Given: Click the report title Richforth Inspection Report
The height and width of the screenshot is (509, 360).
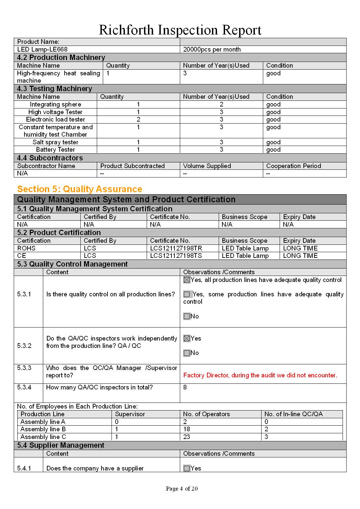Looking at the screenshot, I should click(x=180, y=30).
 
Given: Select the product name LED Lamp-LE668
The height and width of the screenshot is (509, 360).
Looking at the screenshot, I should click(x=42, y=50).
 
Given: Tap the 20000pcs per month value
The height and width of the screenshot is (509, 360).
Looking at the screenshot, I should click(x=212, y=50).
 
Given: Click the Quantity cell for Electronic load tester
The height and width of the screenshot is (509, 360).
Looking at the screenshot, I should click(x=138, y=120).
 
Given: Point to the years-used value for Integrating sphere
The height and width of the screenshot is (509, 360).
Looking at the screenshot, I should click(x=221, y=104).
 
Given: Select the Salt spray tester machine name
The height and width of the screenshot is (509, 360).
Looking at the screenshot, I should click(x=55, y=142).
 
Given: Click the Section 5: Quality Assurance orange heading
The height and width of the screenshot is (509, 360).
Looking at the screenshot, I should click(x=80, y=189).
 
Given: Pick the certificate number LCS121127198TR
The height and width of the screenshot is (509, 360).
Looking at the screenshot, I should click(x=176, y=248).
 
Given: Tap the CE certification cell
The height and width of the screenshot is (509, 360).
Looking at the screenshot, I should click(x=22, y=256).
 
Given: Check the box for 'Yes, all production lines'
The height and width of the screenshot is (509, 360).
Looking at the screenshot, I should click(x=187, y=280).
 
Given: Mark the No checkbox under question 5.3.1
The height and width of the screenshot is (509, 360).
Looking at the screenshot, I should click(x=187, y=316).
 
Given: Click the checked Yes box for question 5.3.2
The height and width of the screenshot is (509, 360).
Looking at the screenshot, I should click(x=187, y=339).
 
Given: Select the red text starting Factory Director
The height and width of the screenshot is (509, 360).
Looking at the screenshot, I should click(x=260, y=375).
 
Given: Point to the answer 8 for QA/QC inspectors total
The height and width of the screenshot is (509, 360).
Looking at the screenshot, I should click(x=185, y=387).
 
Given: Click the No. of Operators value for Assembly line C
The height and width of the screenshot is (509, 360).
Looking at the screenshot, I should click(x=187, y=437).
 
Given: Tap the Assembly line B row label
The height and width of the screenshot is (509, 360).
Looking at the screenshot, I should click(x=43, y=429).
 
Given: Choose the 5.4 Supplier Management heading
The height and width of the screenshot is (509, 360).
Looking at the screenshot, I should click(x=61, y=445).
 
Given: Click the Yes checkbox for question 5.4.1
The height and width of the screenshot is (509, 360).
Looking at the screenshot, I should click(x=187, y=468).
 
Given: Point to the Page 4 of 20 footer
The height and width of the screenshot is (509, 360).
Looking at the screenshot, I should click(x=182, y=489).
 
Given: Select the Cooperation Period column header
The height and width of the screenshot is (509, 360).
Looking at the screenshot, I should click(x=293, y=166).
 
